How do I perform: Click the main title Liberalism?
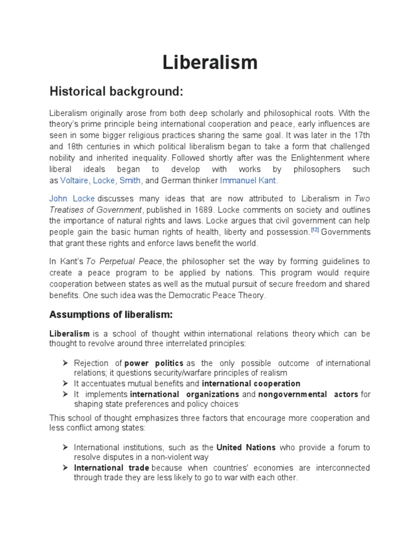210,62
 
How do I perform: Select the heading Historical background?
116,91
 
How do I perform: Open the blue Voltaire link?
74,180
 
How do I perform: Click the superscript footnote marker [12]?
314,230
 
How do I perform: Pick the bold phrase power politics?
155,364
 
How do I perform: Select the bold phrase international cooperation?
251,383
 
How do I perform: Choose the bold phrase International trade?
112,468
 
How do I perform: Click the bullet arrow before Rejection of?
65,363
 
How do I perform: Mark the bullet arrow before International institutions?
65,447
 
